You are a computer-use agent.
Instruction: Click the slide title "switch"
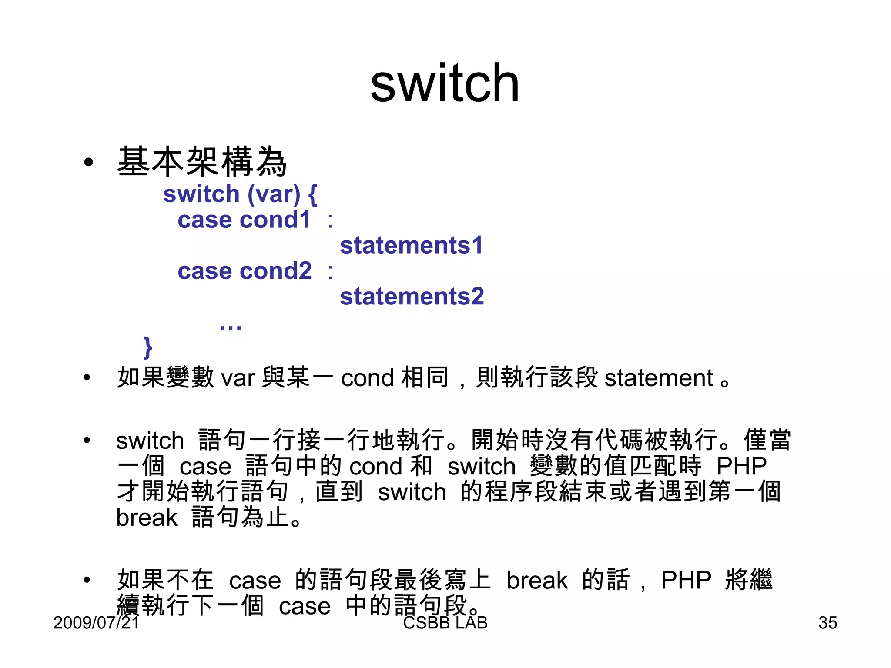445,83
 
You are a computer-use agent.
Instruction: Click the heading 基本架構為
202,162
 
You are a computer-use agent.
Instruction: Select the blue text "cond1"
275,220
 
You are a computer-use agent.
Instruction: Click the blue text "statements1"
411,245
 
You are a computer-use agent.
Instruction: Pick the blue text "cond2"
275,271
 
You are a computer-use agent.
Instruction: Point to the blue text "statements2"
412,297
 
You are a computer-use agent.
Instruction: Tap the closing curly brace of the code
148,347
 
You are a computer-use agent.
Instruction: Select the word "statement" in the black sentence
659,378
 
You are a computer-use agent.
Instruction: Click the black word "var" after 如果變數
238,378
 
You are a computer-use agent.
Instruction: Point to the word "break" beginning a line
147,518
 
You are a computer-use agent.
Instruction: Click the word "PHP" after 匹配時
741,467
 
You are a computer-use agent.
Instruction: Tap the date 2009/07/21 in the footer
96,623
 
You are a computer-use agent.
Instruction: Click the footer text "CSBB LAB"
445,623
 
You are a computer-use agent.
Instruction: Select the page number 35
827,623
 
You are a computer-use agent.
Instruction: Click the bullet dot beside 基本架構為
89,163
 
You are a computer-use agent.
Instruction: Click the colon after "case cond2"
330,272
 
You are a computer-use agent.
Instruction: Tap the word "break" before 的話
537,581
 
